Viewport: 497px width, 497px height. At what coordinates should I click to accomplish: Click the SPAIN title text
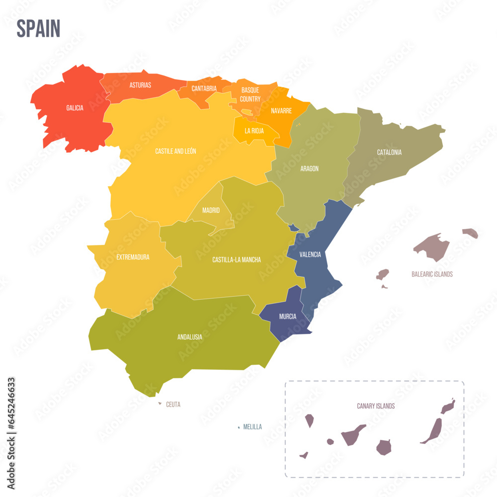[38, 28]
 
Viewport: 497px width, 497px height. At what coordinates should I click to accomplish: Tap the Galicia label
[75, 108]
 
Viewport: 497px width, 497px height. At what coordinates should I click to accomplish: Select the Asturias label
[140, 85]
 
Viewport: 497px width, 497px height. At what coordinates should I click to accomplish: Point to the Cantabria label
[204, 88]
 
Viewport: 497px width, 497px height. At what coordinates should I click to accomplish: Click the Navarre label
[281, 111]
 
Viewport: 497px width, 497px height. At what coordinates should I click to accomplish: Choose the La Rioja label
[254, 131]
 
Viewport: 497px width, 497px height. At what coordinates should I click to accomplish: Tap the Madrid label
[211, 210]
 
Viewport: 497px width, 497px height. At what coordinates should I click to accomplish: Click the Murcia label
[288, 317]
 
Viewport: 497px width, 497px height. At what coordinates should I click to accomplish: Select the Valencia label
[310, 254]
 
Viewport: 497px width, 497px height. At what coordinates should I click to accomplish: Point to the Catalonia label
[389, 152]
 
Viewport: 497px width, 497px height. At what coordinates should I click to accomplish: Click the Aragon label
[309, 168]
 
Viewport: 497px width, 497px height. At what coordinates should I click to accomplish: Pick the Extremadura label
[133, 257]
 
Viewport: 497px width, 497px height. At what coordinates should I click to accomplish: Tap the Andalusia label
[190, 337]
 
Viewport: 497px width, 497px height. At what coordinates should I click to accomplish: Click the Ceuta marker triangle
[160, 404]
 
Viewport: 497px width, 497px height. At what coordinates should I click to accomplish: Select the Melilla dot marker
[239, 427]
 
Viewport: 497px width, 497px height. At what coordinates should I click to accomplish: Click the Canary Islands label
[376, 406]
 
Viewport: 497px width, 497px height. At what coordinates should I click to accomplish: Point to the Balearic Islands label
[432, 274]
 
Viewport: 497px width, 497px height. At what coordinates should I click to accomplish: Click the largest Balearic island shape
[431, 246]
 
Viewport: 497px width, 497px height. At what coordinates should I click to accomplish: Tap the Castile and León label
[175, 151]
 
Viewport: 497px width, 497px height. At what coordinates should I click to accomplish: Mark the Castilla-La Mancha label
[237, 259]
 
